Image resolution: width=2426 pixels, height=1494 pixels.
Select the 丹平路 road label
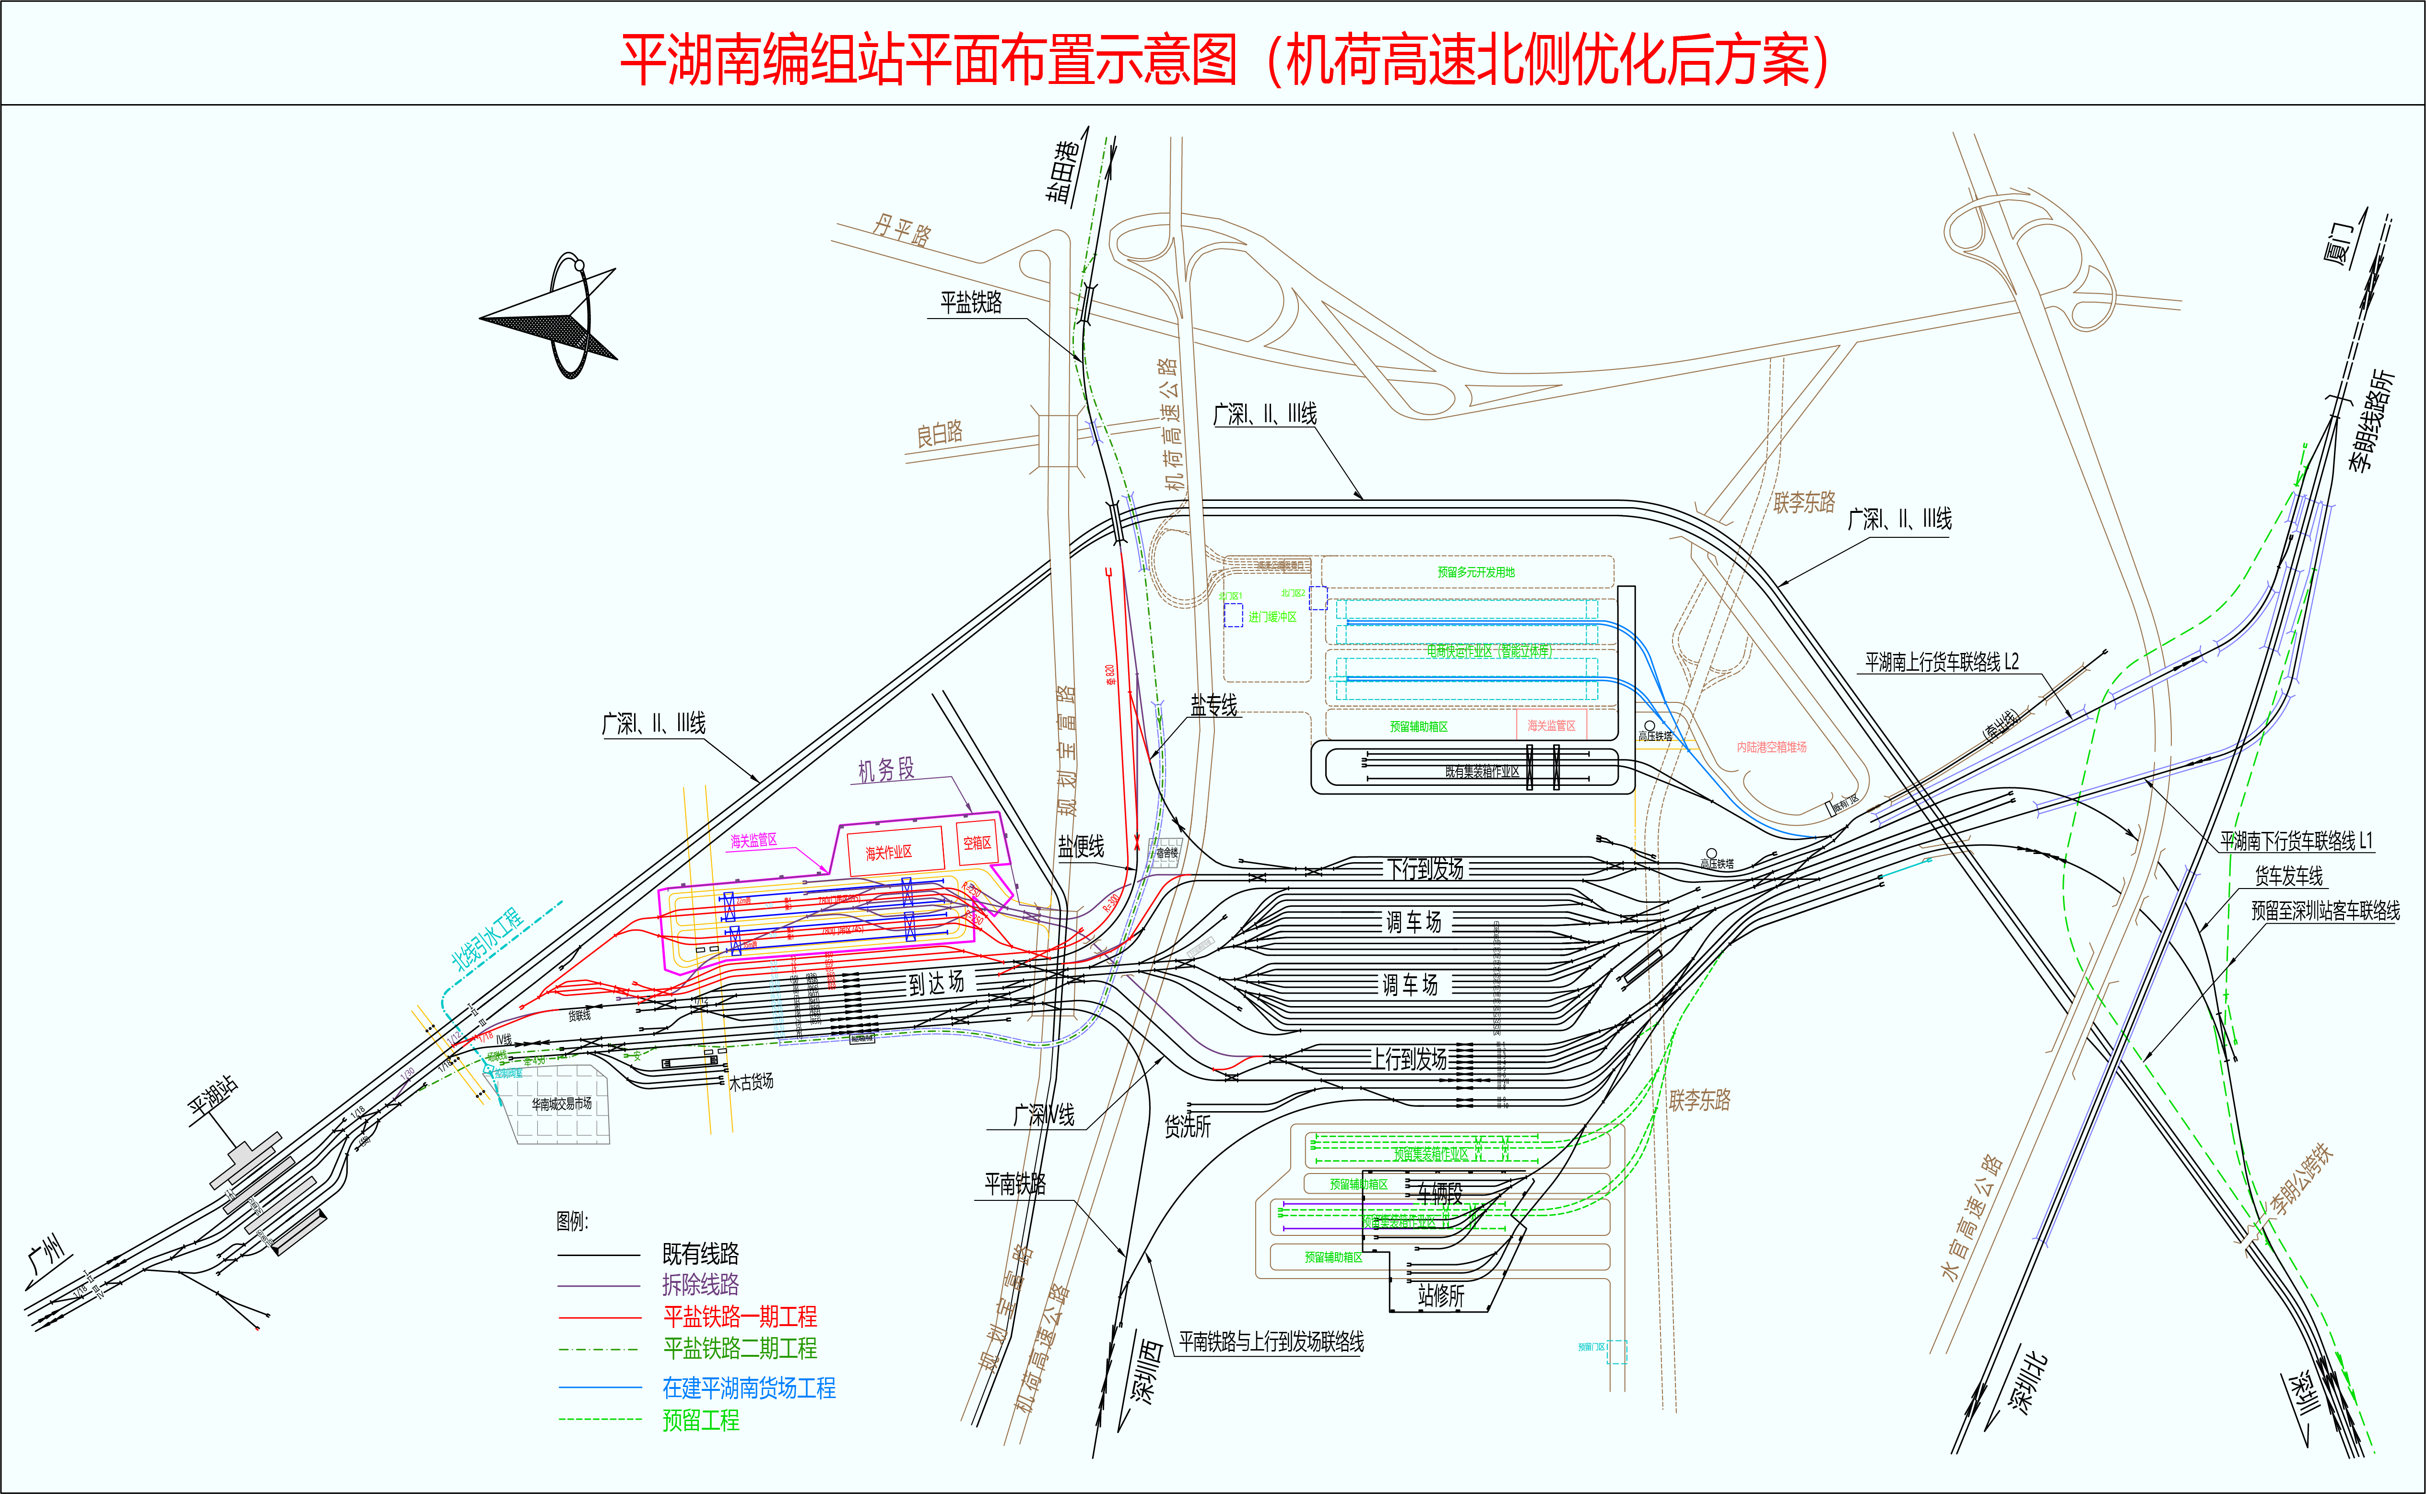click(x=901, y=230)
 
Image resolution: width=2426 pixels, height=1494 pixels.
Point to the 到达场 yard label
click(x=935, y=982)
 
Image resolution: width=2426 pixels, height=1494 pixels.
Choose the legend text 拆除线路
click(x=700, y=1284)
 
